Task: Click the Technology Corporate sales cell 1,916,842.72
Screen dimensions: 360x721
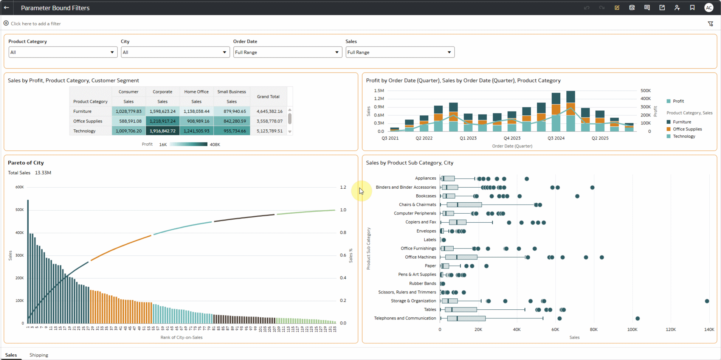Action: coord(163,131)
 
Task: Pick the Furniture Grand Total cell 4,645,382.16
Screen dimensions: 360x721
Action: coord(269,111)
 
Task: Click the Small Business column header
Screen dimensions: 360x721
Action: coord(231,92)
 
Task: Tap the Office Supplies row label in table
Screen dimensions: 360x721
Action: coord(88,121)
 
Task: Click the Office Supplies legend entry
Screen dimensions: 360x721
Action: coord(687,129)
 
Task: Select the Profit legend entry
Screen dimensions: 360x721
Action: coord(678,101)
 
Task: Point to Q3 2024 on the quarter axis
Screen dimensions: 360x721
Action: coord(556,138)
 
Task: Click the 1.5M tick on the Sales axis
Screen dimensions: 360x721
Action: coord(379,91)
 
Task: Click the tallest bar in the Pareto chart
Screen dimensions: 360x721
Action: coord(28,261)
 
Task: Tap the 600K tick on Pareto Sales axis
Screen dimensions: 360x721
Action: coord(19,187)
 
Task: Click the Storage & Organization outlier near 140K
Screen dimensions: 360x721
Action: coord(707,301)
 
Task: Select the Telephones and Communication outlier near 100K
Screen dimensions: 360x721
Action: coord(637,318)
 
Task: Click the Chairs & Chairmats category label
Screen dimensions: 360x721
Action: coord(417,205)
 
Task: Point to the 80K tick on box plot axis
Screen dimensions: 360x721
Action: coord(594,329)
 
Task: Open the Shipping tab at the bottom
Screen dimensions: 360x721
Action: coord(39,355)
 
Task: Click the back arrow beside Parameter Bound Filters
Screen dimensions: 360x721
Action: coord(6,8)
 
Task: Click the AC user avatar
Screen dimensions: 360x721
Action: coord(709,8)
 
